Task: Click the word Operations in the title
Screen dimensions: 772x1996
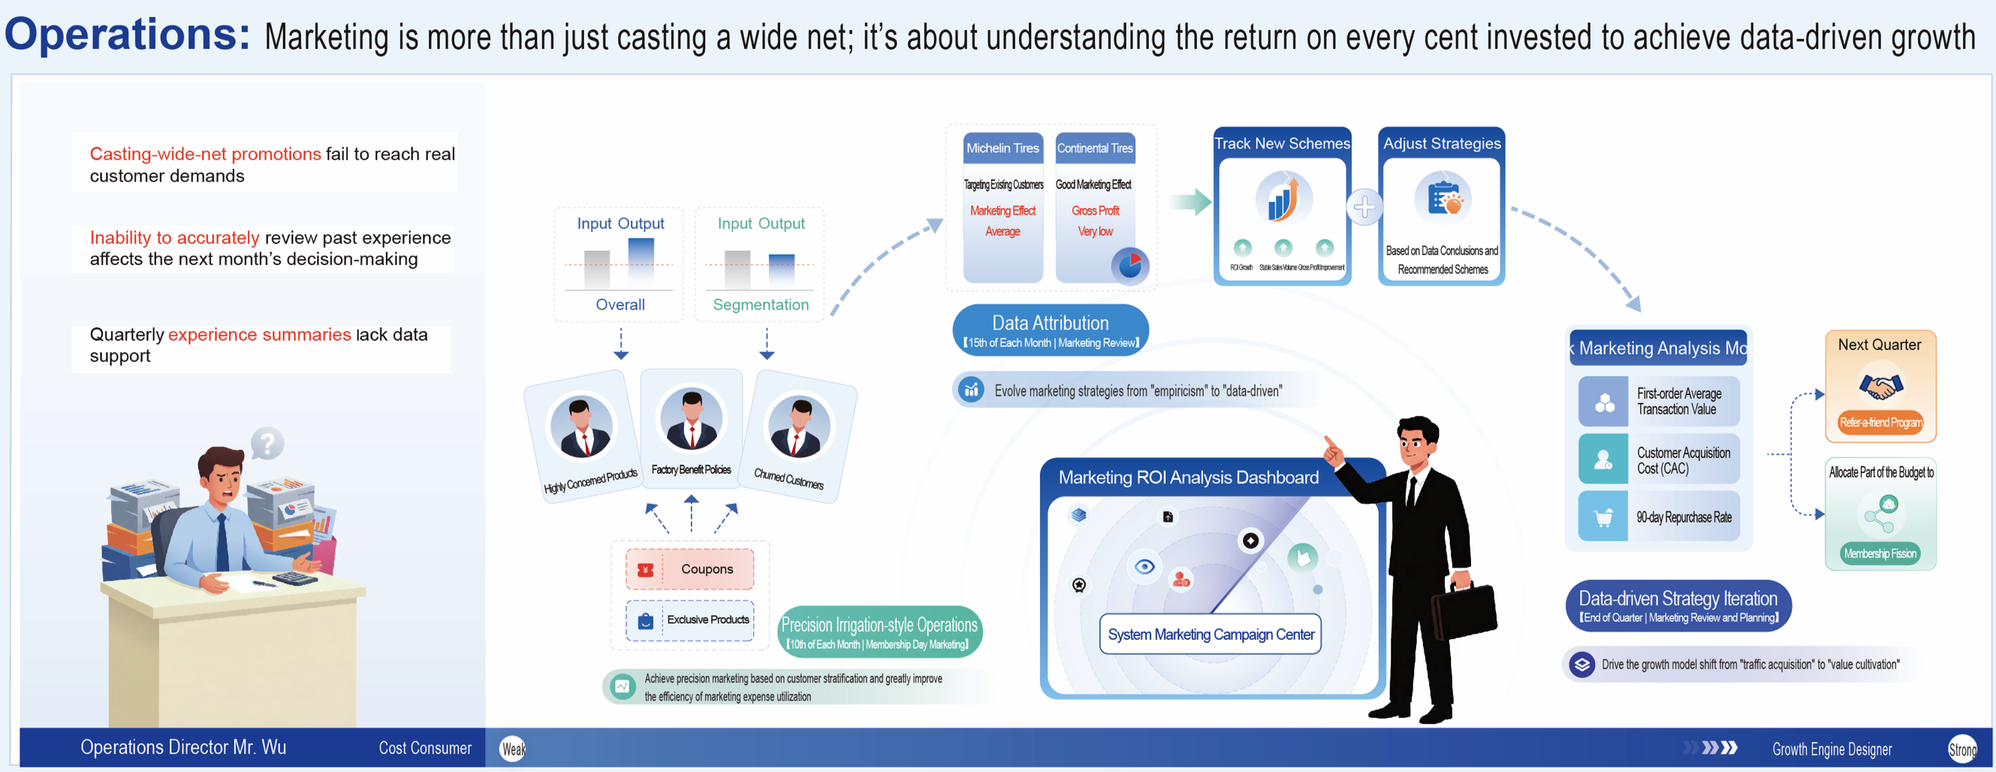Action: pos(127,35)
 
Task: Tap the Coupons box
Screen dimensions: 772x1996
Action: pos(689,569)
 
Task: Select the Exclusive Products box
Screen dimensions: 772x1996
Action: pos(689,620)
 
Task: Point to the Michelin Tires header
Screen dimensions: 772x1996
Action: pos(1002,148)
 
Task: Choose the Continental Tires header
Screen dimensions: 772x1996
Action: pos(1095,148)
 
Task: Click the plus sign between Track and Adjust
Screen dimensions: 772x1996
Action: pos(1364,207)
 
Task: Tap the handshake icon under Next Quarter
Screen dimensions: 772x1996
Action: pos(1880,385)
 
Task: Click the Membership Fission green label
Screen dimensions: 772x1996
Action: pos(1880,553)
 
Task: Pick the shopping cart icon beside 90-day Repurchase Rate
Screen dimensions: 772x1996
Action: pos(1603,517)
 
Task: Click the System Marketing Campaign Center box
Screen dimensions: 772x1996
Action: pos(1211,635)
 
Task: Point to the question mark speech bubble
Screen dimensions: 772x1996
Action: pos(267,444)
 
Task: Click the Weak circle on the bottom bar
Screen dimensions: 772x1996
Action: pos(512,749)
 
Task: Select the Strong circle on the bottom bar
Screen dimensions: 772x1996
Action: pos(1962,749)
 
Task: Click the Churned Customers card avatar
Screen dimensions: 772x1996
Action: pos(798,427)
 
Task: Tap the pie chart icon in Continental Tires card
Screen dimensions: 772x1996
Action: pos(1129,266)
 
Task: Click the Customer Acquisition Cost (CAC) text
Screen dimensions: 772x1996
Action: pos(1682,460)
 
